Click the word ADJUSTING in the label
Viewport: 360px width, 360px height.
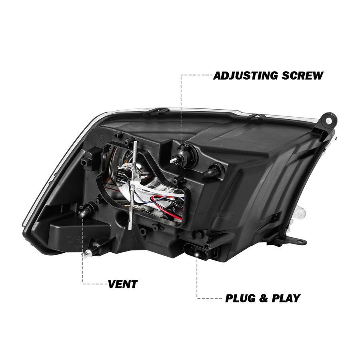246,76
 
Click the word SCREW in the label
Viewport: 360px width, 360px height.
303,76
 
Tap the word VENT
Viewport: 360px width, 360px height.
123,284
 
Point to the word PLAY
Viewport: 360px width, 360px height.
286,298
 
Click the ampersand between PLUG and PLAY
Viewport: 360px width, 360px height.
264,298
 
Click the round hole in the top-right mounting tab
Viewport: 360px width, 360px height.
329,120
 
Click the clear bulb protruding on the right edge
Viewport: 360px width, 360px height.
301,213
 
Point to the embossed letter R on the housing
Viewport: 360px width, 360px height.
102,138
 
